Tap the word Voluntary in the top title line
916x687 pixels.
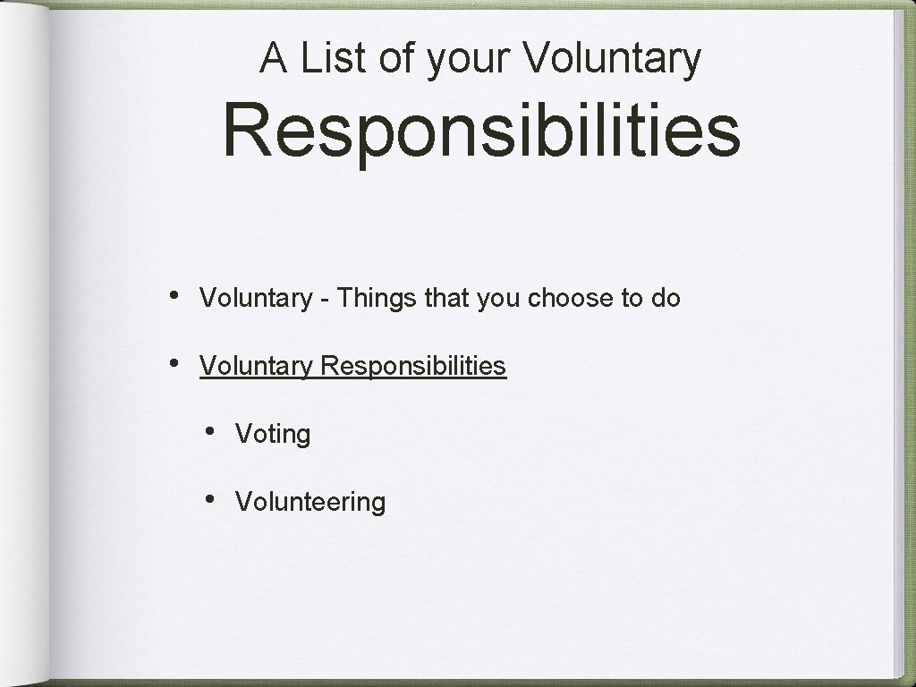tap(613, 59)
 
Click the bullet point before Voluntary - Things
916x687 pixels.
tap(174, 296)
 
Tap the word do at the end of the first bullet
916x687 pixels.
tap(666, 298)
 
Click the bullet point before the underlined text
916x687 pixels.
tap(174, 364)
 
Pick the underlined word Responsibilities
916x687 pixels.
tap(413, 366)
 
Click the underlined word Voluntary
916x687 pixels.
tap(256, 366)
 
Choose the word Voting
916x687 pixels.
tap(273, 435)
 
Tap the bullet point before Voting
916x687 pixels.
tap(209, 431)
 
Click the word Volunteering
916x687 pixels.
tap(310, 502)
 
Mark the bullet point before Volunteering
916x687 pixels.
tap(209, 499)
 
